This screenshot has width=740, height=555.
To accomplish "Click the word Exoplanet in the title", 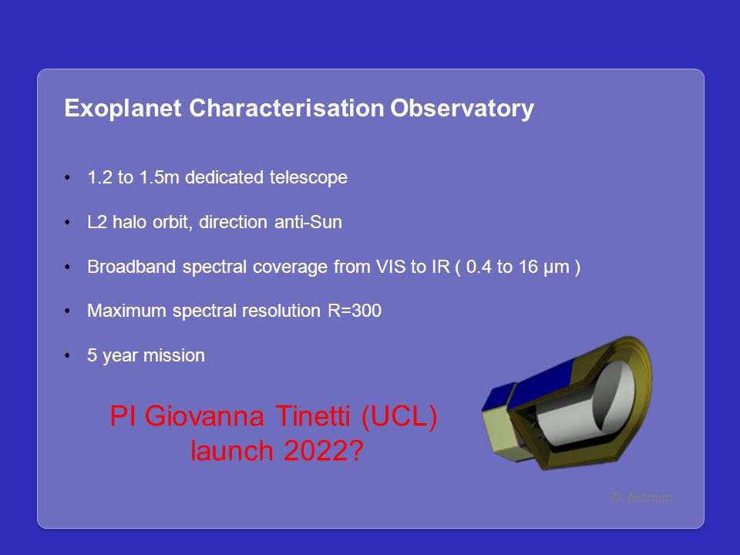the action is (x=123, y=109).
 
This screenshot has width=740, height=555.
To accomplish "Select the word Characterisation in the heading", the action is (x=287, y=108).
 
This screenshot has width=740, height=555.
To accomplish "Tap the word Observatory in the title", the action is (x=462, y=109).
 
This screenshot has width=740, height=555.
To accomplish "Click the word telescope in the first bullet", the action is (x=308, y=178).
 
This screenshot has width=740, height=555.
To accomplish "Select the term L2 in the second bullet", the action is (x=97, y=222).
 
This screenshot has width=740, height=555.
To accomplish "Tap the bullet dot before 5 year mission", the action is (x=68, y=356).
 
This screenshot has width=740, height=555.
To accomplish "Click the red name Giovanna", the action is (x=204, y=416).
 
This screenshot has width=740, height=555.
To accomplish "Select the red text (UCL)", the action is (x=399, y=417).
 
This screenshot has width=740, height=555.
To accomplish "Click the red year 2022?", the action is (x=324, y=451).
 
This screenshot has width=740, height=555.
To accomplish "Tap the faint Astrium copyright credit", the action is (x=641, y=497).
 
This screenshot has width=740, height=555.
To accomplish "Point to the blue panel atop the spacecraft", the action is (x=543, y=382).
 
